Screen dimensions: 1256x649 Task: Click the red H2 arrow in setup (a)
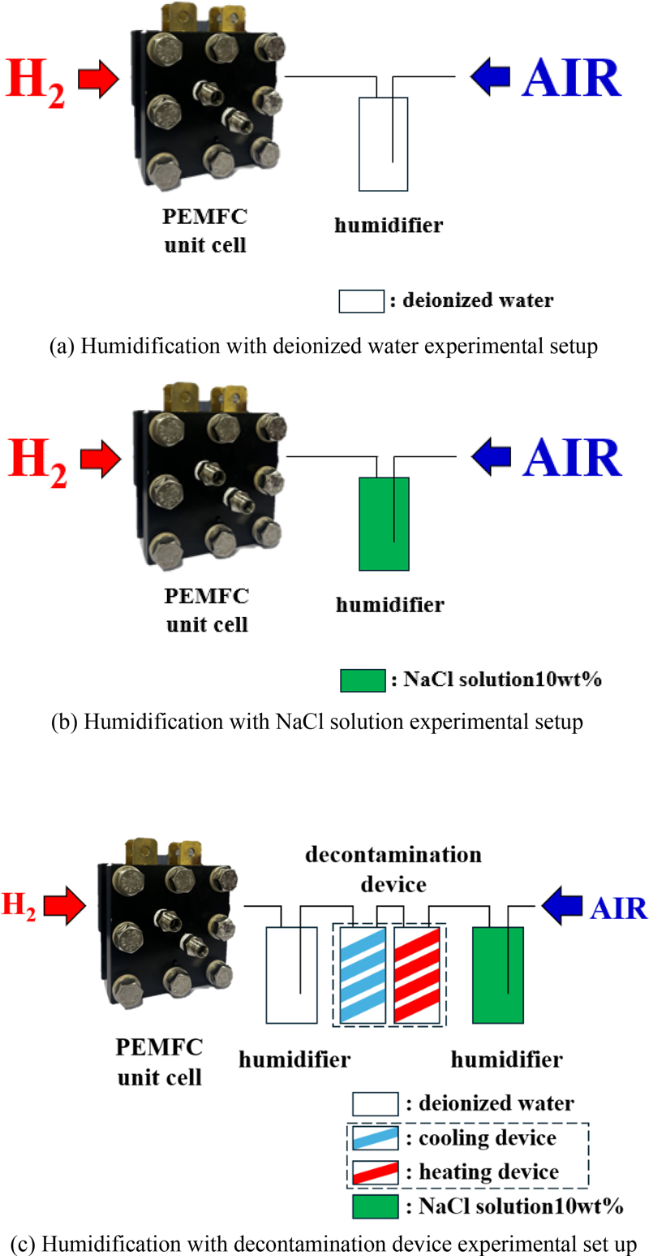point(99,79)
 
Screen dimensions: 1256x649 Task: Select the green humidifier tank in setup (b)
point(385,524)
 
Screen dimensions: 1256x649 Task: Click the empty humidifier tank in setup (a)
point(385,145)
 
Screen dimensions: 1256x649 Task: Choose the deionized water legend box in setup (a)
point(361,300)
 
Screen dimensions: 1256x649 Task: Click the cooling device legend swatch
point(374,1138)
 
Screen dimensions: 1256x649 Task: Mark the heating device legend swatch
point(374,1172)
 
